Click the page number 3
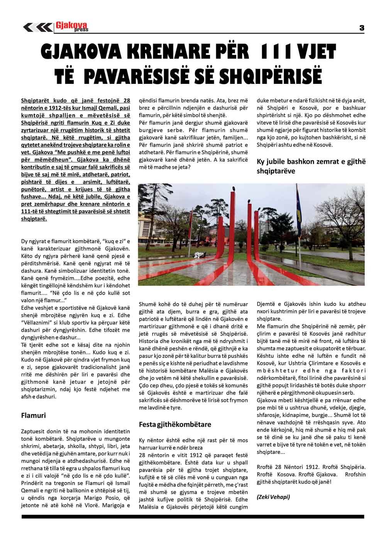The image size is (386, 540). [362, 27]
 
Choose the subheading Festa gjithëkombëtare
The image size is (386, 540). [175, 425]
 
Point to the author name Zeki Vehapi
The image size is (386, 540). [273, 497]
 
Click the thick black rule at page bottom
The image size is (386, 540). [193, 516]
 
